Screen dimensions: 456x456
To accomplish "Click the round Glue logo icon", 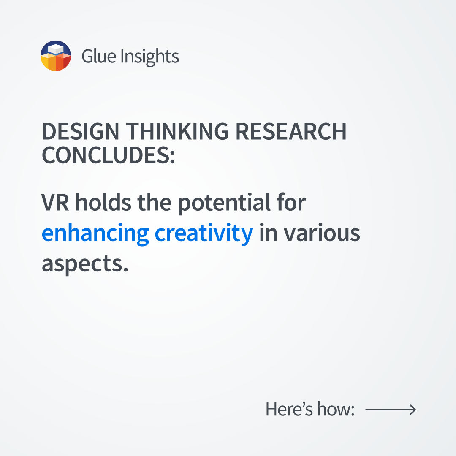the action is tap(56, 56).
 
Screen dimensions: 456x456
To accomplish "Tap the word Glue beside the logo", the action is tap(99, 56).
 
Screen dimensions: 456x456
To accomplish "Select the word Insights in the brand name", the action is tap(150, 57).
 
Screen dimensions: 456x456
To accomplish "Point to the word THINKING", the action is tap(177, 131).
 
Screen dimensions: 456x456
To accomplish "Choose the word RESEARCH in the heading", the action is tap(291, 131).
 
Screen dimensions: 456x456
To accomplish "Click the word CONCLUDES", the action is tap(109, 155).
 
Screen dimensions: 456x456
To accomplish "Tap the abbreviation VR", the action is tap(55, 202).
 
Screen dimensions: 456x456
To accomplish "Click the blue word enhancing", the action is tap(95, 233).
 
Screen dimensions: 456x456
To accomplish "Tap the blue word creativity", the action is tap(204, 233).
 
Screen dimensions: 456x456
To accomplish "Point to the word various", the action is tap(322, 233).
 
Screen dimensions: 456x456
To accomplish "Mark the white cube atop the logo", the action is tap(56, 49).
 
